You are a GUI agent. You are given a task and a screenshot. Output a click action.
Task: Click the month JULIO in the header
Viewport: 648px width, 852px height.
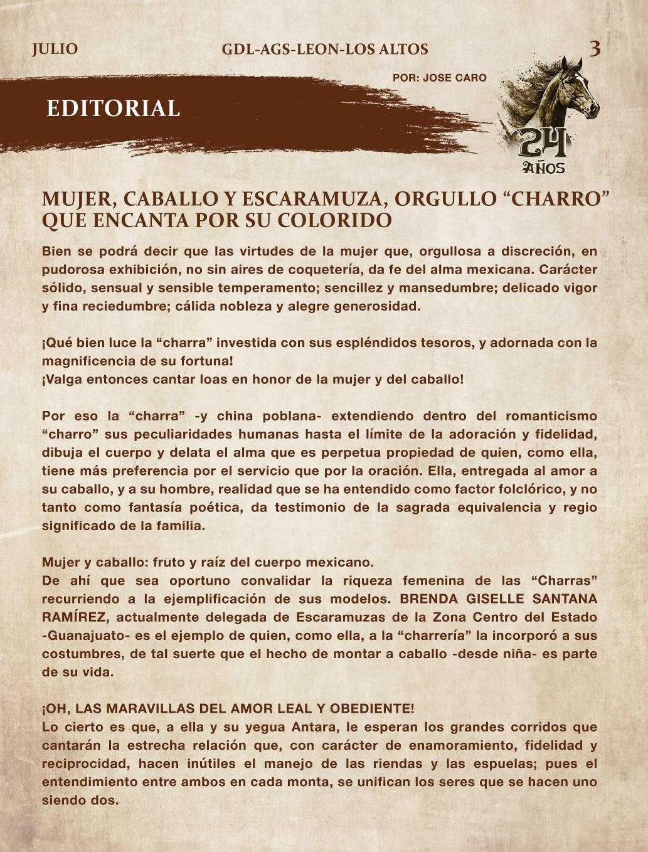click(55, 50)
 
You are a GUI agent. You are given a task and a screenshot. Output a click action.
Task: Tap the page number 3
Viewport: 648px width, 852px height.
click(595, 48)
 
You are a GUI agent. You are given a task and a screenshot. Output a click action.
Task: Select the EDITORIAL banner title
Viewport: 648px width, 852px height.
click(113, 109)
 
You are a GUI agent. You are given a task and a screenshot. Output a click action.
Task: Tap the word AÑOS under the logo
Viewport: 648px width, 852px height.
click(544, 168)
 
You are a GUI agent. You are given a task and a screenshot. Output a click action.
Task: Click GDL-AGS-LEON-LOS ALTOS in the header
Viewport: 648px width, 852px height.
click(325, 50)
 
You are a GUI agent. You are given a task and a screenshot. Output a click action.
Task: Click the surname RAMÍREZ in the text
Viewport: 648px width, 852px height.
click(74, 617)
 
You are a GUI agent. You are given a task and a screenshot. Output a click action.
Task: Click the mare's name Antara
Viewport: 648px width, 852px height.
click(312, 728)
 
